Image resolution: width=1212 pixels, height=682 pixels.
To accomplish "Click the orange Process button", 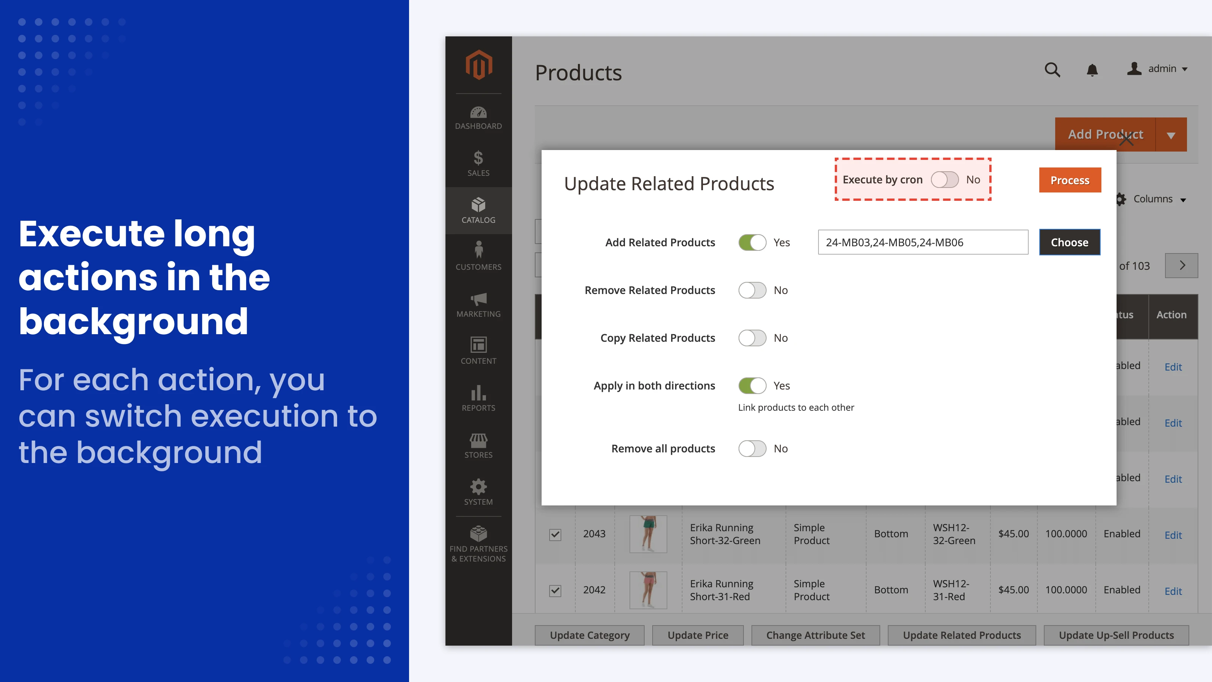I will click(x=1070, y=180).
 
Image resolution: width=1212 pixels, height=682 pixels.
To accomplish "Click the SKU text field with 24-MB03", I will click(x=922, y=242).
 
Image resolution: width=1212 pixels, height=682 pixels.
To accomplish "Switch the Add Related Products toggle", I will click(x=752, y=242).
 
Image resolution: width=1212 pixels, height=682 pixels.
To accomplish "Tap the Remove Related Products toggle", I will click(x=752, y=290).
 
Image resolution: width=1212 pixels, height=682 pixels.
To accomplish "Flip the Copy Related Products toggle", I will click(x=752, y=338).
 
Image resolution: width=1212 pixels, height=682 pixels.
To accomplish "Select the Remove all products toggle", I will click(x=752, y=449).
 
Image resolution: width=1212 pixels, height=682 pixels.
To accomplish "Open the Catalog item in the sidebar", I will click(x=478, y=210).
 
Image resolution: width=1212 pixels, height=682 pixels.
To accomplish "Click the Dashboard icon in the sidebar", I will click(x=478, y=113).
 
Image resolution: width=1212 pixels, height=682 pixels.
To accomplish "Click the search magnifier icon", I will click(x=1052, y=70).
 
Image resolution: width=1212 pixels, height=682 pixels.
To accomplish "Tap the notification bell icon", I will click(x=1092, y=70).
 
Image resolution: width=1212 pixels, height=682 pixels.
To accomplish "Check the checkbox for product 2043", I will click(x=555, y=535).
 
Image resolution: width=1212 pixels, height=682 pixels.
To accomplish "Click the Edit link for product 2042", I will click(x=1173, y=591).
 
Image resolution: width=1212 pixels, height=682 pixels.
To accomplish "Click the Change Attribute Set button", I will click(x=815, y=635).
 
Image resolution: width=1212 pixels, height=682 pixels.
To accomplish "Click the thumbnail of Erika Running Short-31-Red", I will click(x=648, y=590).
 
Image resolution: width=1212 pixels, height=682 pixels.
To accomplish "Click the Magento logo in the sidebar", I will click(x=478, y=65).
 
